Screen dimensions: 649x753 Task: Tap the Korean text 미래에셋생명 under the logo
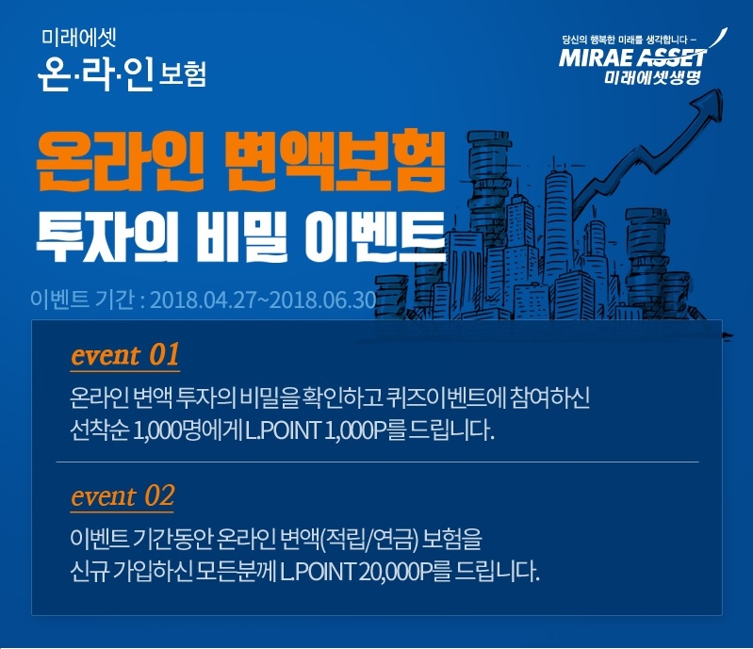click(x=658, y=79)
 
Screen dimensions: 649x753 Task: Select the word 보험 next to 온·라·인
click(x=177, y=73)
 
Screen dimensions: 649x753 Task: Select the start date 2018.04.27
click(x=202, y=300)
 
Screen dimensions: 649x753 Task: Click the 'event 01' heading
click(x=124, y=356)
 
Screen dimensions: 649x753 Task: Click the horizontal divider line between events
click(x=377, y=462)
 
